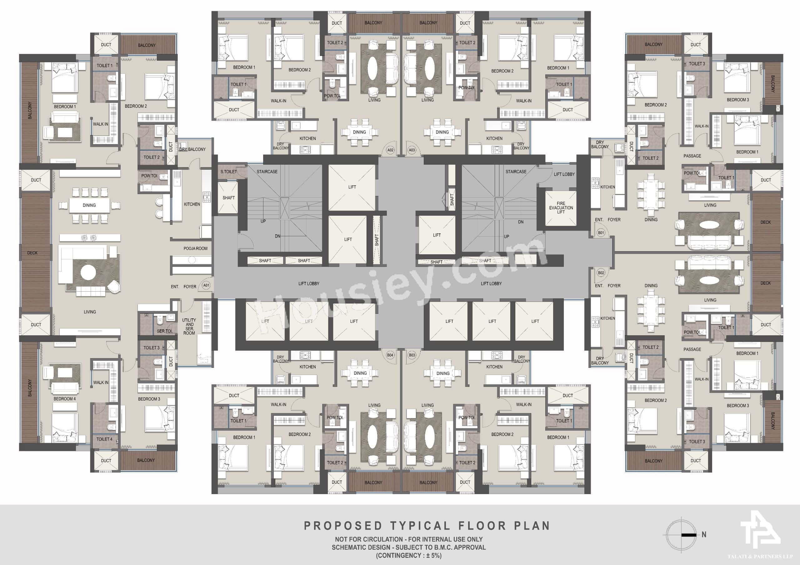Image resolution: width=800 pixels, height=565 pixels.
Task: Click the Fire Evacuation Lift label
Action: coord(561,207)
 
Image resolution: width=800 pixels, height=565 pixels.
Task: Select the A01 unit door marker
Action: coord(206,285)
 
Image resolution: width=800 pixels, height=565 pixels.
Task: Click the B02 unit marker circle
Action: coord(601,273)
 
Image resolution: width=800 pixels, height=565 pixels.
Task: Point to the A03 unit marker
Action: coord(412,150)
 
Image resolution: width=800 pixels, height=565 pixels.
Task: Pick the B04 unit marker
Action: coord(390,355)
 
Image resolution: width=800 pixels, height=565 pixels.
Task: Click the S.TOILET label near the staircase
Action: coord(228,172)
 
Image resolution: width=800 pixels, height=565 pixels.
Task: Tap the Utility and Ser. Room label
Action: coord(189,326)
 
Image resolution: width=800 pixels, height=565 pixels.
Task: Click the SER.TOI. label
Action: coord(164,331)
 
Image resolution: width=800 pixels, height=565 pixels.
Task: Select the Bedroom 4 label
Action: coord(64,399)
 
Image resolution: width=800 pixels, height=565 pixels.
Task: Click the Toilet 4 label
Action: coord(104,439)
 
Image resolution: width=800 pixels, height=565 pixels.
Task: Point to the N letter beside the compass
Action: coord(704,534)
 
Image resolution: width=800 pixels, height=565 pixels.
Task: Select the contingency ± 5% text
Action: coord(408,555)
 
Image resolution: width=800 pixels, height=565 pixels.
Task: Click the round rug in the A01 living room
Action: coord(88,272)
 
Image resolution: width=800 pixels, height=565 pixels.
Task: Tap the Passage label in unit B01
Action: coord(692,156)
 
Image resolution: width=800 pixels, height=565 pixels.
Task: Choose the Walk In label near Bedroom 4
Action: coord(101,382)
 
